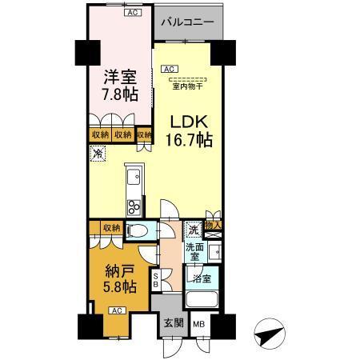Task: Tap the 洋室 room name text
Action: click(118, 78)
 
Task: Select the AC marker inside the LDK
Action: click(170, 70)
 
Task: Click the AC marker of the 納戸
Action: click(116, 310)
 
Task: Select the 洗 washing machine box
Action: click(193, 230)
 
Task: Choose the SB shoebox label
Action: click(156, 279)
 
